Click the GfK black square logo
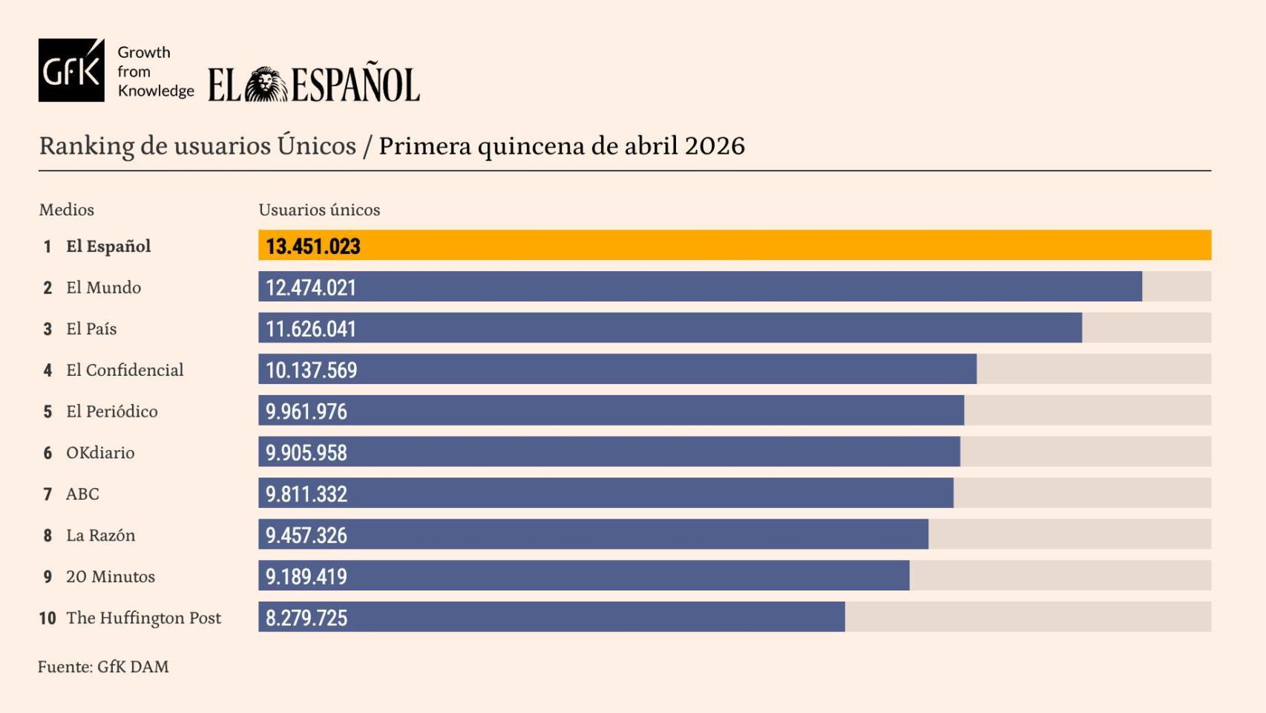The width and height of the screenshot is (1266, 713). point(71,71)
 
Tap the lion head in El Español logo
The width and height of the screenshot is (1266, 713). point(266,84)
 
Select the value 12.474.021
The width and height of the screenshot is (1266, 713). point(311,287)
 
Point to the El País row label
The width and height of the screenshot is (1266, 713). point(91,329)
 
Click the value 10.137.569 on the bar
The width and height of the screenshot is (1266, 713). point(311,370)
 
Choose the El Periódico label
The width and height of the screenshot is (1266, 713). point(111,411)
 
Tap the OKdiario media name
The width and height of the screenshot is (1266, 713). point(100,453)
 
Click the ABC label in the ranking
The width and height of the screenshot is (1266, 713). point(82,494)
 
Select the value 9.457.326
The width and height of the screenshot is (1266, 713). point(306,535)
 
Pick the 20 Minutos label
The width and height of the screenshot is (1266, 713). point(111,577)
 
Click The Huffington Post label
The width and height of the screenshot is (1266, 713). point(143,618)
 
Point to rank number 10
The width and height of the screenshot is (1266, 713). point(47,618)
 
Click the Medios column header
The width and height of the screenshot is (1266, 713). point(67,209)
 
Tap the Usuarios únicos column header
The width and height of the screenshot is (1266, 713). point(319,209)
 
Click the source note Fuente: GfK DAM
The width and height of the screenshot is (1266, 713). point(103,667)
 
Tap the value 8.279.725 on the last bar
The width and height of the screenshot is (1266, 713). point(306,618)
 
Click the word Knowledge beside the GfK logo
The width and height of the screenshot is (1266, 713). point(156,91)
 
